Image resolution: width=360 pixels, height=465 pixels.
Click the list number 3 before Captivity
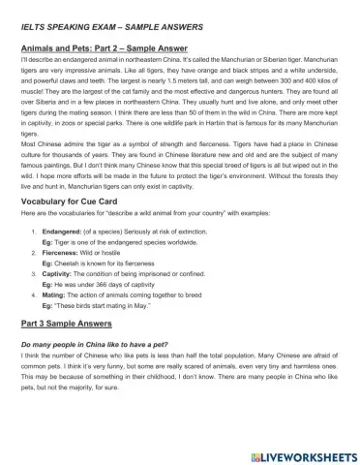coord(35,274)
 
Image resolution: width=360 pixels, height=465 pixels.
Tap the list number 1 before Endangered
coord(35,232)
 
